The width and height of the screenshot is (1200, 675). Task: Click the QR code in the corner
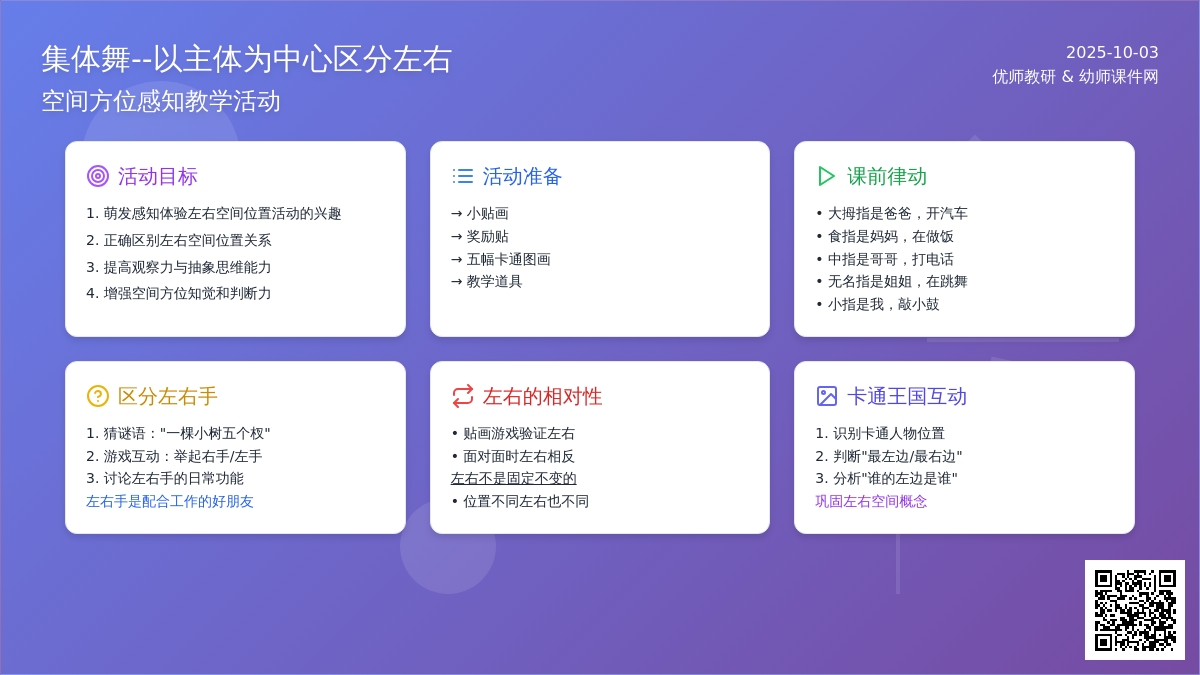point(1135,610)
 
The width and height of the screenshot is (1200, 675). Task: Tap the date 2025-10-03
point(1112,52)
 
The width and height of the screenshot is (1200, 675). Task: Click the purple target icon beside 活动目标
point(98,176)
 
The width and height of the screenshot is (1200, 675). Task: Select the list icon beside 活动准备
point(462,176)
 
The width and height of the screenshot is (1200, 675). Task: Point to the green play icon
point(826,176)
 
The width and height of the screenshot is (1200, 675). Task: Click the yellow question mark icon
point(98,396)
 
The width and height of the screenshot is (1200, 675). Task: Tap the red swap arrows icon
point(462,396)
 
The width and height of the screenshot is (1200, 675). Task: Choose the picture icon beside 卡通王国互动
point(827,396)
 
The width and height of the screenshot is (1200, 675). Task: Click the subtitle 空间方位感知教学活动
point(161,101)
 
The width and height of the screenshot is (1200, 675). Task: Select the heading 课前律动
point(887,176)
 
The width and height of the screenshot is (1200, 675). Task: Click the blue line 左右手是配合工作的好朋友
point(170,501)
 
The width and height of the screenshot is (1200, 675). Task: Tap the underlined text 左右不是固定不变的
point(514,478)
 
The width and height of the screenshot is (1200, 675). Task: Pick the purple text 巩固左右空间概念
point(871,501)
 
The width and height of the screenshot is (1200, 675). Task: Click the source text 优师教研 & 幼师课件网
point(1075,77)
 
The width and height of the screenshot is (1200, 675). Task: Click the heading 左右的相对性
point(542,396)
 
